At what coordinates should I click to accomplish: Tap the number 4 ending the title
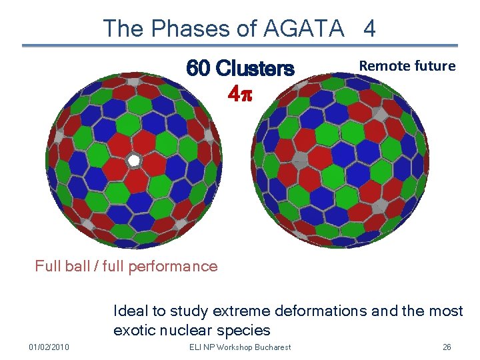coord(369,28)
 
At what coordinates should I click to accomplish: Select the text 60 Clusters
coord(240,69)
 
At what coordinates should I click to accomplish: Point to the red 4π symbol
coord(240,94)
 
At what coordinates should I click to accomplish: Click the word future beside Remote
coord(434,66)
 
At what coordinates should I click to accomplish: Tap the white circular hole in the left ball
coord(134,161)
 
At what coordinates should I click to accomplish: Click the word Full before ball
coord(49,267)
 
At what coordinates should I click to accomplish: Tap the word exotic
coord(134,330)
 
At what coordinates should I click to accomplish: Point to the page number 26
coord(447,347)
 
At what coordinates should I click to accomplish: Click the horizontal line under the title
coord(240,46)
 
